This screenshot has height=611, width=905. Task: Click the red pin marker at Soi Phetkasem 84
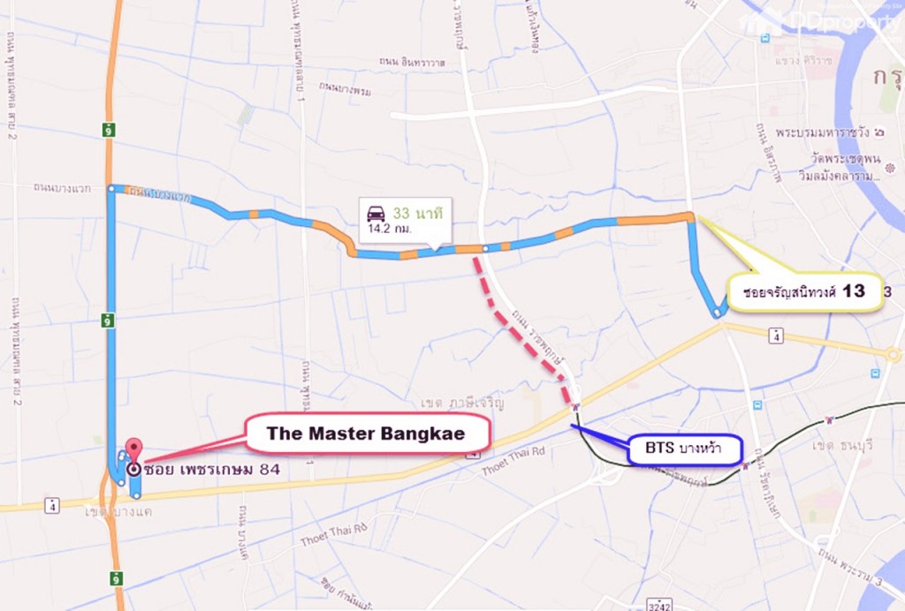pyautogui.click(x=133, y=448)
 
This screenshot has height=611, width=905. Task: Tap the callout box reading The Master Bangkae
pyautogui.click(x=367, y=434)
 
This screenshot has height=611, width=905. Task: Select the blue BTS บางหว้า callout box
pyautogui.click(x=683, y=449)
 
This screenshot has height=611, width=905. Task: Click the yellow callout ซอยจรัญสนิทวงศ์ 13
pyautogui.click(x=802, y=291)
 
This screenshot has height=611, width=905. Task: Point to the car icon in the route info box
pyautogui.click(x=376, y=213)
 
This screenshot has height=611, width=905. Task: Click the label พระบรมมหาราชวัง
pyautogui.click(x=832, y=132)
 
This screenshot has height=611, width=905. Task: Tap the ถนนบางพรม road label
pyautogui.click(x=345, y=88)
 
